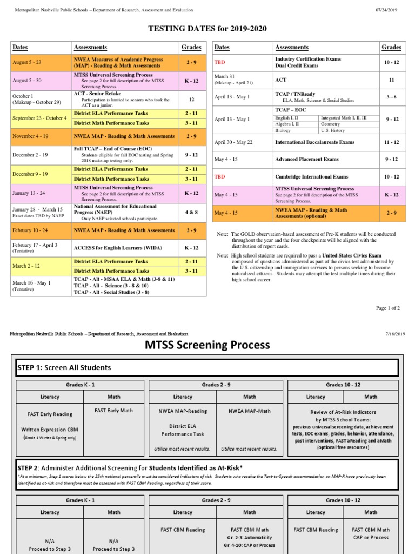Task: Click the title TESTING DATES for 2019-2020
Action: pyautogui.click(x=207, y=29)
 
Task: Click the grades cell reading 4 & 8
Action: pyautogui.click(x=191, y=212)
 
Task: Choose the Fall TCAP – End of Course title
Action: pyautogui.click(x=113, y=149)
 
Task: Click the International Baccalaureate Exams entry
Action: pyautogui.click(x=314, y=142)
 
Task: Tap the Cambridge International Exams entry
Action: pyautogui.click(x=312, y=177)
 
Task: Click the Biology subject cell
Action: pyautogui.click(x=283, y=130)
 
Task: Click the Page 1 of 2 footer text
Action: pyautogui.click(x=388, y=308)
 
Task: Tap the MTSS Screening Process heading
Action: pyautogui.click(x=207, y=345)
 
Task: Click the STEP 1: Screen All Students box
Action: pyautogui.click(x=207, y=367)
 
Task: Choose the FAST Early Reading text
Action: pyautogui.click(x=50, y=414)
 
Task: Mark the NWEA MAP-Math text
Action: pyautogui.click(x=250, y=411)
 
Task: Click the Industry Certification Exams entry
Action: pyautogui.click(x=308, y=59)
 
